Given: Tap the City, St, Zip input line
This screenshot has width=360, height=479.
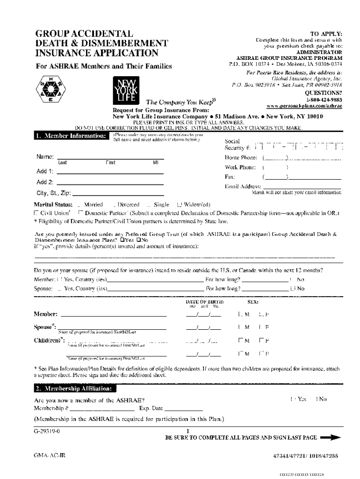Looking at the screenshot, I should [119, 193].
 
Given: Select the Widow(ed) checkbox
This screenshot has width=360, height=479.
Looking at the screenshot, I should [179, 205].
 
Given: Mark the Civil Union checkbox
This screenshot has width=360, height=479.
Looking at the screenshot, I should [36, 213].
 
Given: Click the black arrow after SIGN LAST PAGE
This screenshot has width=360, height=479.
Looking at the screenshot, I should [331, 438].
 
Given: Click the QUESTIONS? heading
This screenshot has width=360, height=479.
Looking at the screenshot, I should [324, 93].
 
